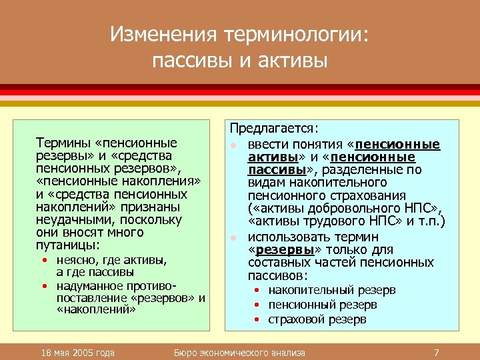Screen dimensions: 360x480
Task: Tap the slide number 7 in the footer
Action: click(436, 352)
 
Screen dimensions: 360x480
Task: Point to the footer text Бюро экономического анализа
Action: click(239, 352)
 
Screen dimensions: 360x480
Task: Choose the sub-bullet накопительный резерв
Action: click(332, 290)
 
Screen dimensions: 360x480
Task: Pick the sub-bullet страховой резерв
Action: click(317, 319)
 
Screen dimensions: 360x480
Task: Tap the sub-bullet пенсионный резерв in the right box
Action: click(323, 305)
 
